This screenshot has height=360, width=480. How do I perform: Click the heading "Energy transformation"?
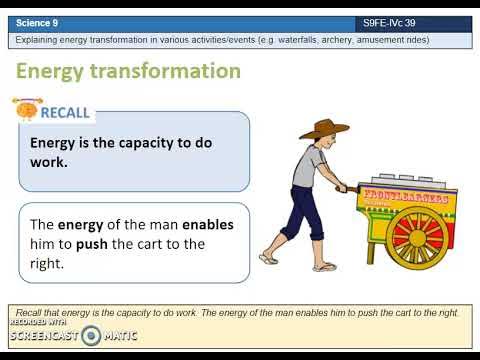pyautogui.click(x=128, y=71)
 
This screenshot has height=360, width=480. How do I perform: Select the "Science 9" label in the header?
pyautogui.click(x=38, y=22)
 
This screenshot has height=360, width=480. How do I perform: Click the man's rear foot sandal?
pyautogui.click(x=268, y=258)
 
